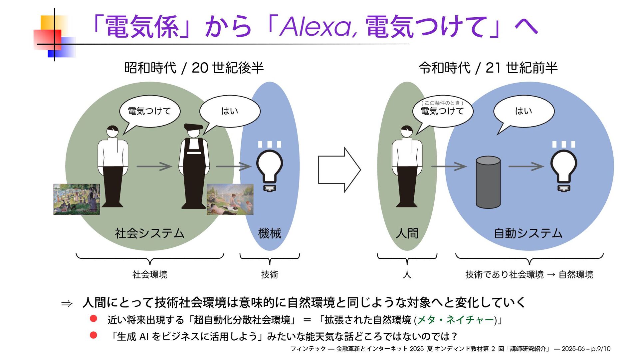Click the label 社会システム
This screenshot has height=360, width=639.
click(149, 233)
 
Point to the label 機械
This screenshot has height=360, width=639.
click(270, 233)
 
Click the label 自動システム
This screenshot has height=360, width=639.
click(528, 233)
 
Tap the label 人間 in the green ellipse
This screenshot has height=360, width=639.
click(407, 233)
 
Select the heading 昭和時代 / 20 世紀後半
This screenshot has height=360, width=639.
click(194, 68)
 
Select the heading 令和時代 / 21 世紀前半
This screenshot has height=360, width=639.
click(488, 68)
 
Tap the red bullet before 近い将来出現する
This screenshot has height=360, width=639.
click(94, 319)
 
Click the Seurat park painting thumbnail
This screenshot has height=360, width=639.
click(77, 199)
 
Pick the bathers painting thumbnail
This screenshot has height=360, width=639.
click(230, 199)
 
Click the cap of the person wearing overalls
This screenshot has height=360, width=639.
click(193, 127)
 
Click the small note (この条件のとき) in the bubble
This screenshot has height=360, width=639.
click(442, 103)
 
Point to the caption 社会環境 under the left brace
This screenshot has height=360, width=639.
click(150, 275)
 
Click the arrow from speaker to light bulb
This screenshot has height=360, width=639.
click(526, 166)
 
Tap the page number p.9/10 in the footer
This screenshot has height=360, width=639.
click(601, 349)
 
